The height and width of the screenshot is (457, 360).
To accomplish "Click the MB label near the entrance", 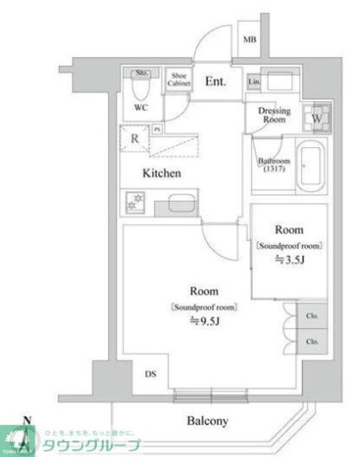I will pos(250,40).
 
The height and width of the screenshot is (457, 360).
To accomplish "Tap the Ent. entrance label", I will pos(215,81).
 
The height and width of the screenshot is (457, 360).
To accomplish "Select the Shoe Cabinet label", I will pos(179,80).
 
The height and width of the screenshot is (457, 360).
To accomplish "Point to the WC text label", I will pos(141,108).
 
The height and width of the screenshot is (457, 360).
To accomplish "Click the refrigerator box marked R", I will pos(136,138).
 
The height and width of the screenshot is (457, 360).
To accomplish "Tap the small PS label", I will pos(157,129).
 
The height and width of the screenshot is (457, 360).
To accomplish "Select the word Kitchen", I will pos(161,174).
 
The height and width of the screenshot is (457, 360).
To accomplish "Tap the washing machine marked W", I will pos(317,118).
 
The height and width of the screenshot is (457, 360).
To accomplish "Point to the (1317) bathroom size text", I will pos(273,169).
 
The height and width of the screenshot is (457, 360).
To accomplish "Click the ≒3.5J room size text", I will pos(289,259).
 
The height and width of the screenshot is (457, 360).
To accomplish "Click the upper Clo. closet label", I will pos(312,316).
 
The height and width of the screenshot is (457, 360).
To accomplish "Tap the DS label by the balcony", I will pos(151,374).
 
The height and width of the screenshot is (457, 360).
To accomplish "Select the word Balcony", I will pos(207,421).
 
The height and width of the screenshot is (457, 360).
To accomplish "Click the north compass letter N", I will pos(25,420).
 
